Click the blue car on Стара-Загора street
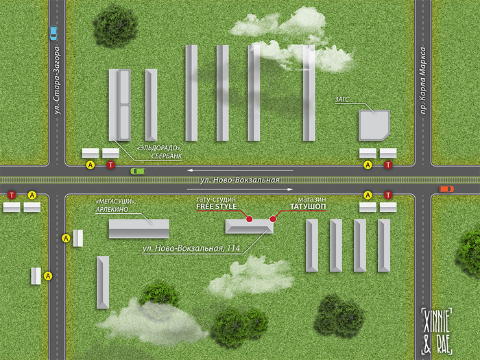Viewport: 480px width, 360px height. (53, 33)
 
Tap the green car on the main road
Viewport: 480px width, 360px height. (138, 171)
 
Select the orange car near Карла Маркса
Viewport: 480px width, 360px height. (446, 189)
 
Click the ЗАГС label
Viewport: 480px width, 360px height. (341, 99)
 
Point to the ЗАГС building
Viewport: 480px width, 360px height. (374, 125)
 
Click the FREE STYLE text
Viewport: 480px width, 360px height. (217, 206)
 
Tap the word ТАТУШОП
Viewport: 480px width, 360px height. (308, 206)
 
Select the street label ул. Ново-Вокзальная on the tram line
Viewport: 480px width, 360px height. (240, 180)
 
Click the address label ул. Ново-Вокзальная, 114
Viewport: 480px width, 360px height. (191, 248)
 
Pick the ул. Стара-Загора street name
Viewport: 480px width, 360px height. (57, 80)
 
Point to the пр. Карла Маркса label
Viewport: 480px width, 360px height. (423, 80)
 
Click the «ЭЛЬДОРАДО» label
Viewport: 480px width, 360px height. (157, 148)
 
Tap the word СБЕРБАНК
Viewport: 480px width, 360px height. (166, 156)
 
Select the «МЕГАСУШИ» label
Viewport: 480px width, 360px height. (115, 202)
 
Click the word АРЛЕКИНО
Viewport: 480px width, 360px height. (112, 210)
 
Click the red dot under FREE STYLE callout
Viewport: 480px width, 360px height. (250, 219)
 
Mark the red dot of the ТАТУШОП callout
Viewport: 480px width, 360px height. (273, 219)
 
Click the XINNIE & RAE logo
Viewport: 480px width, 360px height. (437, 331)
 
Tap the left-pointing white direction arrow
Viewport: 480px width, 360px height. (240, 170)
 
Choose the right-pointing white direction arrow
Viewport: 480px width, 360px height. (240, 189)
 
